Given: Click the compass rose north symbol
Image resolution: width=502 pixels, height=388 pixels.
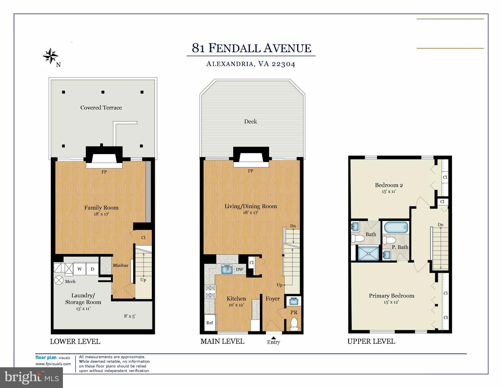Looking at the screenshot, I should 51,56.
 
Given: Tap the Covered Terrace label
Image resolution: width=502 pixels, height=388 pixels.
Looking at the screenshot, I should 101,108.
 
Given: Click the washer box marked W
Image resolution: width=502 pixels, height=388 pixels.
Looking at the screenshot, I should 79,269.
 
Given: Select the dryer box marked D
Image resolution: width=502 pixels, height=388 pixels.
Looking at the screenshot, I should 92,269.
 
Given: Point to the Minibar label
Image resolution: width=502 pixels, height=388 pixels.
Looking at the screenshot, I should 120,265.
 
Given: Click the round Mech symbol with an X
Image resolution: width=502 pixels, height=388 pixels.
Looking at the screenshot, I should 59,280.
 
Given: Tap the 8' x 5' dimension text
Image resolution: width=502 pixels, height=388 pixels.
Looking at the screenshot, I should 130,316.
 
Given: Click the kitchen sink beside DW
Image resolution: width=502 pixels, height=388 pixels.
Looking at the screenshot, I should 227,269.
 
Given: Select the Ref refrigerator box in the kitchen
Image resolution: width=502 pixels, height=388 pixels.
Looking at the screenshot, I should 210,323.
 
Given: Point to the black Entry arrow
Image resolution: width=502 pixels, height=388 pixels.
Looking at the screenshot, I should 273,338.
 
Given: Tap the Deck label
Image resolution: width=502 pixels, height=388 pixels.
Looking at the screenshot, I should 250,122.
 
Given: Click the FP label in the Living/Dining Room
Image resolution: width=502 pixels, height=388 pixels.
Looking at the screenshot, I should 250,171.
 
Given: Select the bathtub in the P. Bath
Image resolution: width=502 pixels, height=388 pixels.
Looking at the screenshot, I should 396,227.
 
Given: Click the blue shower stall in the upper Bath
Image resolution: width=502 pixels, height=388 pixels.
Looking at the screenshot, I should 369,253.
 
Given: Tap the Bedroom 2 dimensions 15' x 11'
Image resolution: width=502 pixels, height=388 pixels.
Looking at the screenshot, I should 389,192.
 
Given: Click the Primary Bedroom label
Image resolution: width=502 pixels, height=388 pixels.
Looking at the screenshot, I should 391,296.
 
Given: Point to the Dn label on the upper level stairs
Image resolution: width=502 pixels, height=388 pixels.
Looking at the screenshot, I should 440,225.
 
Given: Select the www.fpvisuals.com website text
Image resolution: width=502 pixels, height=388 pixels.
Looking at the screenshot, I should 53,364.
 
